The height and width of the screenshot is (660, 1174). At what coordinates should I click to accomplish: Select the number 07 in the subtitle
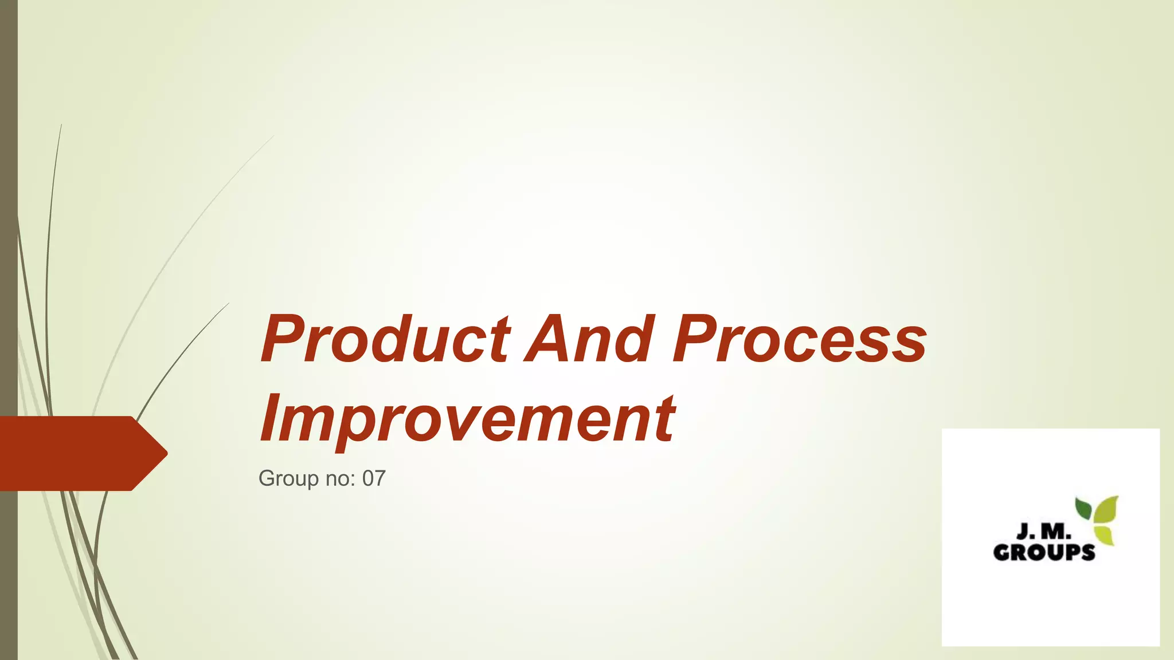[x=374, y=478]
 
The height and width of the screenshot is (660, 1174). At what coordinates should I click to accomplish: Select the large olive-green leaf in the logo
[x=1106, y=510]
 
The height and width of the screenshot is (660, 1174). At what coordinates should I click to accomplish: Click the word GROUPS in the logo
[x=1044, y=552]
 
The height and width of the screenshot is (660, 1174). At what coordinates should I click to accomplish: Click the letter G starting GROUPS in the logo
[x=1002, y=552]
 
